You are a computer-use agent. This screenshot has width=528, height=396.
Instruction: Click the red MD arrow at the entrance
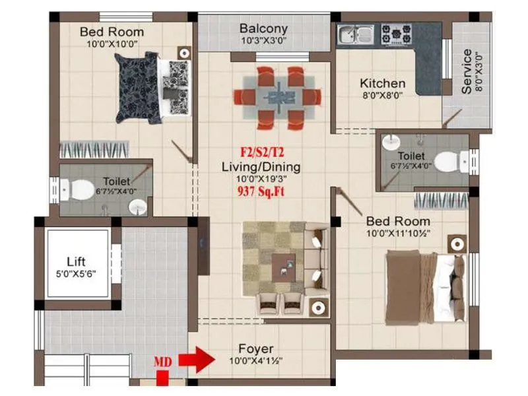click(197, 361)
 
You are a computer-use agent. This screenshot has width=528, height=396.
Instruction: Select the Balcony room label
click(263, 28)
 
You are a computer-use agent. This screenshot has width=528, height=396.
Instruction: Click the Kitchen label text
click(382, 84)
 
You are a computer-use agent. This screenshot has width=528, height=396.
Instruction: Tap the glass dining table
click(277, 96)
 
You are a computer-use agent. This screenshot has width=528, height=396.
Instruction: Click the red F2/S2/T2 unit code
click(262, 154)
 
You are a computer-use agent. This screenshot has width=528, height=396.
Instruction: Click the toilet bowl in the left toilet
click(80, 190)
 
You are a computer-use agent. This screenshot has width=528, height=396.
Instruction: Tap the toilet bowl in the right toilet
click(449, 160)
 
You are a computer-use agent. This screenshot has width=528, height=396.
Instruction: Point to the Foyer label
click(256, 348)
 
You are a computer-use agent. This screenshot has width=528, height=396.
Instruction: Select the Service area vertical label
click(467, 71)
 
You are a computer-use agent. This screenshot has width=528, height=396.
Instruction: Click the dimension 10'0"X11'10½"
click(398, 234)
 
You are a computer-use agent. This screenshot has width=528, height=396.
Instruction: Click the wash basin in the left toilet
click(137, 208)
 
